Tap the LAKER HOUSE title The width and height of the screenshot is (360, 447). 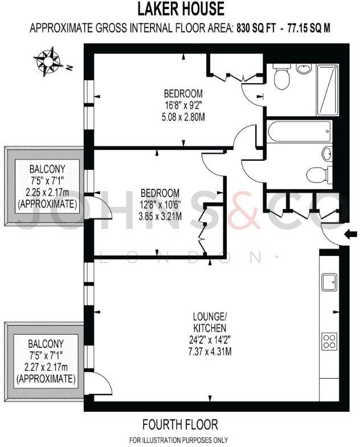179,9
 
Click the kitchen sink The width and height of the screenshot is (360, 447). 329,281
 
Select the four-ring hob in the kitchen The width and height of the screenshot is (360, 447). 329,341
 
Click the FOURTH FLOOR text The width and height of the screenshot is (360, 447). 180,425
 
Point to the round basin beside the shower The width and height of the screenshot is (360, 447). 304,70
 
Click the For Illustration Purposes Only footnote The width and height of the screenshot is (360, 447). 179,440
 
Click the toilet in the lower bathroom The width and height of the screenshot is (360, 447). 316,174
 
